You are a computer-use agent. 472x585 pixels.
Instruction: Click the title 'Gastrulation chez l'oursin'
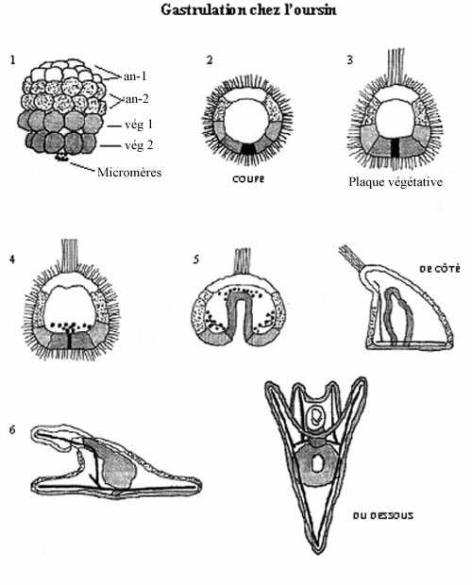(248, 9)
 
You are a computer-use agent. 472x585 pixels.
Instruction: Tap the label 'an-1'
(135, 76)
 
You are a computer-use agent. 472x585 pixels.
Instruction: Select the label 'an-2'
(137, 99)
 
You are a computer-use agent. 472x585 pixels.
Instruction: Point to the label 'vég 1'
(139, 124)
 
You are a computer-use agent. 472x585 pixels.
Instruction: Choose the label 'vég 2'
(139, 144)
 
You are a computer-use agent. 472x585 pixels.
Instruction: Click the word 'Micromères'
(129, 173)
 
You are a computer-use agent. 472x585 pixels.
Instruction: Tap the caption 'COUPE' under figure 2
(248, 179)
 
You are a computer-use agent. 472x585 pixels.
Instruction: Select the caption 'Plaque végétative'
(396, 182)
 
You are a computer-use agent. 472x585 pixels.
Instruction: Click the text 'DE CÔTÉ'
(440, 269)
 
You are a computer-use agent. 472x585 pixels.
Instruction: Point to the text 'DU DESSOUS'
(383, 516)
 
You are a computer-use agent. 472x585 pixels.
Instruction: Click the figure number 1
(13, 59)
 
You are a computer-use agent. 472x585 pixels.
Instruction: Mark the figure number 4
(12, 259)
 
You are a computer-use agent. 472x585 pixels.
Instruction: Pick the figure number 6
(12, 430)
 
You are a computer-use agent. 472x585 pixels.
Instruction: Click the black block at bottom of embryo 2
(247, 149)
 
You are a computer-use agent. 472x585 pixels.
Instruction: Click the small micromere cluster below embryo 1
(62, 157)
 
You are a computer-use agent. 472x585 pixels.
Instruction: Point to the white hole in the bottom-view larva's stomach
(317, 463)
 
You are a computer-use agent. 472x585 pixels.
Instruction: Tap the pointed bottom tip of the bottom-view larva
(316, 553)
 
